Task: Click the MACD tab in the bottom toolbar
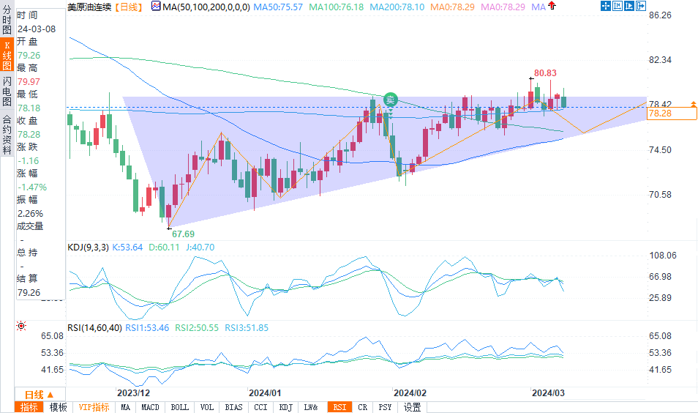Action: [150, 407]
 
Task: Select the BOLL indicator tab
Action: [179, 407]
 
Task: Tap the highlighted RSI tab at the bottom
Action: [340, 407]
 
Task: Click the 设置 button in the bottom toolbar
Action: [413, 407]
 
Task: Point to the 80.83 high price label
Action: [545, 73]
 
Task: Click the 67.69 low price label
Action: [183, 234]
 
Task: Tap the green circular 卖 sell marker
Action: [391, 100]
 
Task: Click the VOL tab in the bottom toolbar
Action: [207, 407]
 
